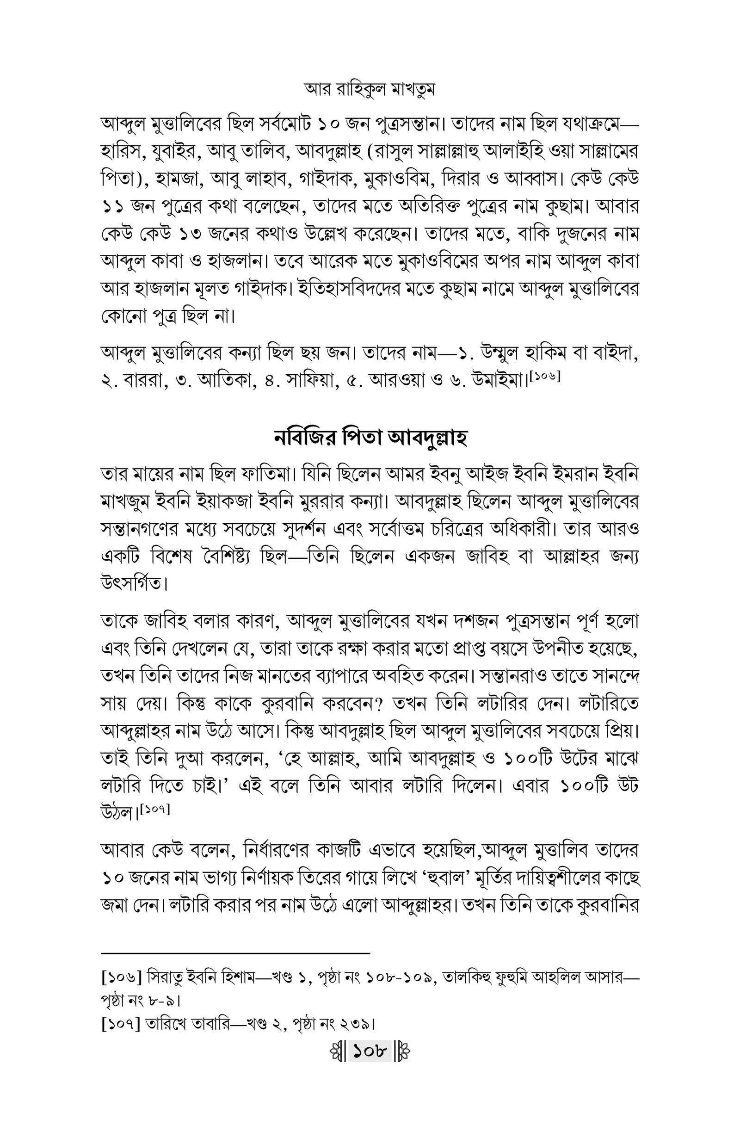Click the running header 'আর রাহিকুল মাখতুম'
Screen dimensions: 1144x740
pyautogui.click(x=370, y=90)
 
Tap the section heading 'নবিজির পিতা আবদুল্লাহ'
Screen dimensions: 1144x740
pyautogui.click(x=370, y=438)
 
